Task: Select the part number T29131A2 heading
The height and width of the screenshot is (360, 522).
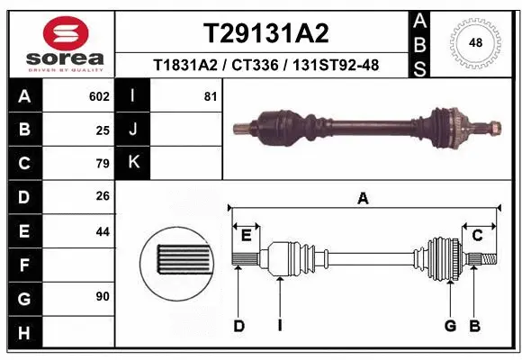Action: pyautogui.click(x=265, y=33)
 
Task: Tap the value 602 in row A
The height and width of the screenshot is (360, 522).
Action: pyautogui.click(x=99, y=96)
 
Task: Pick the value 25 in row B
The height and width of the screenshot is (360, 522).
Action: pyautogui.click(x=103, y=130)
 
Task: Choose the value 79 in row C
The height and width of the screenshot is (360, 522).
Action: pyautogui.click(x=103, y=164)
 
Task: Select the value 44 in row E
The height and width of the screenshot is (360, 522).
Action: pyautogui.click(x=103, y=231)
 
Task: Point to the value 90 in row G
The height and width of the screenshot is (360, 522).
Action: pyautogui.click(x=103, y=296)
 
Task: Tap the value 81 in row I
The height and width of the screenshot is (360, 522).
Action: pyautogui.click(x=211, y=96)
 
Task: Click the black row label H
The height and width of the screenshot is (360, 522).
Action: pyautogui.click(x=24, y=332)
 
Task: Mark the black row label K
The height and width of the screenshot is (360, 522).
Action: pyautogui.click(x=133, y=163)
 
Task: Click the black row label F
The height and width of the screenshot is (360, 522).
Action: pyautogui.click(x=24, y=265)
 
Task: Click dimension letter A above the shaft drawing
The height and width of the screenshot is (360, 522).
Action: pyautogui.click(x=363, y=199)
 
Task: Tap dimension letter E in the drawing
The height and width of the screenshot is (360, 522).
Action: pyautogui.click(x=246, y=235)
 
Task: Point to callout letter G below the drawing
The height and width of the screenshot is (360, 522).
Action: pyautogui.click(x=449, y=326)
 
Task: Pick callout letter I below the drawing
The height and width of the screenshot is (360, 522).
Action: pyautogui.click(x=279, y=326)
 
